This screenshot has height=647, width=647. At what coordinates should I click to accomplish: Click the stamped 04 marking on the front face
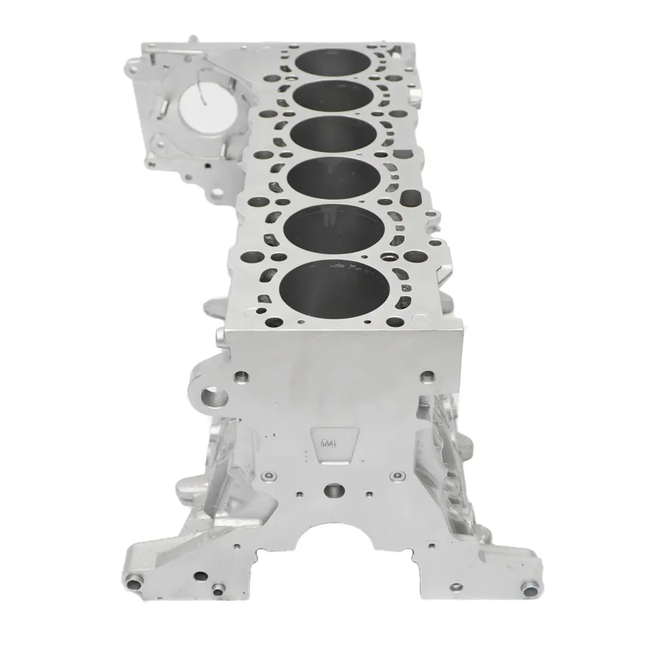328,445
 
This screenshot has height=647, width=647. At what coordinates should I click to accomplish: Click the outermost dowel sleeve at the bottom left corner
135,582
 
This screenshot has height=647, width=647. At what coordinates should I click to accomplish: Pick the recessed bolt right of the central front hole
395,476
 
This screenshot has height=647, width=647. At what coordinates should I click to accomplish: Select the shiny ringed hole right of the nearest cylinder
389,258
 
